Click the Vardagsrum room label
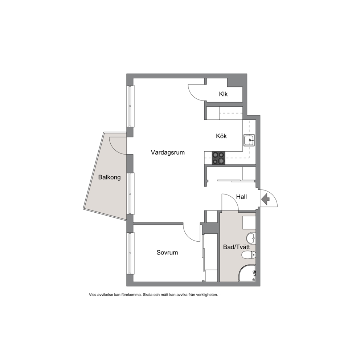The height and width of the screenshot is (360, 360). click(x=168, y=152)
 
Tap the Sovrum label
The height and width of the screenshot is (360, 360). click(x=167, y=253)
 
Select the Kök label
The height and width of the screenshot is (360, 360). click(x=221, y=136)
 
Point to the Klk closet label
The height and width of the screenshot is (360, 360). click(x=223, y=94)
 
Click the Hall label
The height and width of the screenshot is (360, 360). click(x=242, y=197)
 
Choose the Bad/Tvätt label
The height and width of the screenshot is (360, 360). click(x=237, y=247)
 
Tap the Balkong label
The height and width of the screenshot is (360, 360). click(x=109, y=177)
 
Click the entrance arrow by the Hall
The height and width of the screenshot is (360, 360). click(x=265, y=199)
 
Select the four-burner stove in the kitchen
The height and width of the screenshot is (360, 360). click(x=218, y=158)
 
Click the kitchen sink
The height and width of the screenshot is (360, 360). click(x=249, y=140)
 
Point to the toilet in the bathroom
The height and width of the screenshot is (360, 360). click(x=249, y=255)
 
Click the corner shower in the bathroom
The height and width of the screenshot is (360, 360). click(x=247, y=273)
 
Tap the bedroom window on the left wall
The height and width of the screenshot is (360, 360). click(x=131, y=253)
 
